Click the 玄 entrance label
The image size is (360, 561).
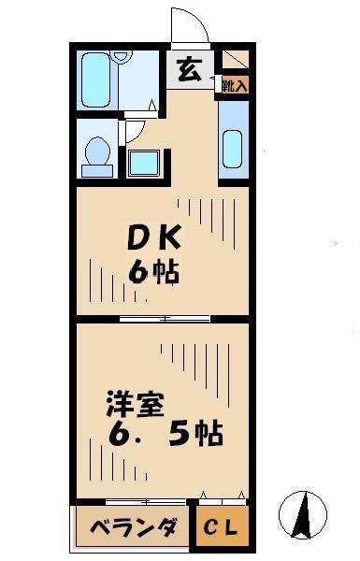click(x=190, y=69)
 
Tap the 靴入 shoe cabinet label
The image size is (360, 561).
click(x=235, y=86)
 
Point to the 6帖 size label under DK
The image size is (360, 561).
click(x=154, y=272)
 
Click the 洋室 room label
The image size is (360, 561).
click(x=136, y=405)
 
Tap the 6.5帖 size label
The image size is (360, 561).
click(x=166, y=433)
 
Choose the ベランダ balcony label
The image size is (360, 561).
click(x=134, y=526)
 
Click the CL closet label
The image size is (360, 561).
click(x=221, y=526)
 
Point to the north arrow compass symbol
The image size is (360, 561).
click(x=303, y=515)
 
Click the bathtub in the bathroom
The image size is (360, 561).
click(x=94, y=80)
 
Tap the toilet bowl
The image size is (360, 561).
click(x=97, y=151)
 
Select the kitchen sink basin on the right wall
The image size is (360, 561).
click(x=233, y=150)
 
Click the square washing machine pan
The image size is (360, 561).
click(x=144, y=163)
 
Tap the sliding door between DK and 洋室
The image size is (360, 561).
click(x=165, y=319)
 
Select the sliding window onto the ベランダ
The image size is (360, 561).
click(x=146, y=502)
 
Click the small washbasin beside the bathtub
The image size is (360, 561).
click(x=121, y=56)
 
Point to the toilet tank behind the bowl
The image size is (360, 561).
click(x=97, y=171)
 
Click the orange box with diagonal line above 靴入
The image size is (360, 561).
click(x=236, y=60)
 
